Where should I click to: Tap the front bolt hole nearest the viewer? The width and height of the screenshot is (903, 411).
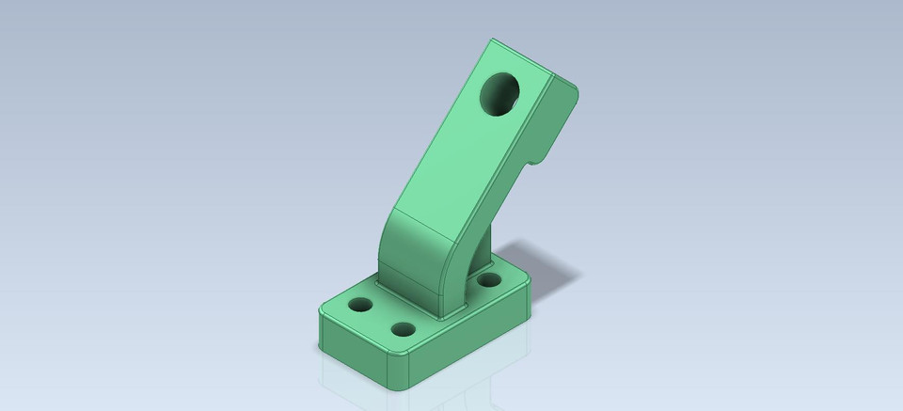(404, 330)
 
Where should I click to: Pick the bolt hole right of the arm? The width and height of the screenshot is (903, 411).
(487, 279)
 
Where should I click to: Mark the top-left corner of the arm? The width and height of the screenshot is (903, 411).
(491, 41)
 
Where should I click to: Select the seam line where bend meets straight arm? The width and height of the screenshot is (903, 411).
(428, 220)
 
